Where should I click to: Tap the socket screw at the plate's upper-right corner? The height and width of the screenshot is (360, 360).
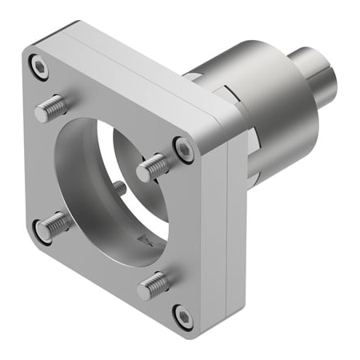(x=183, y=149)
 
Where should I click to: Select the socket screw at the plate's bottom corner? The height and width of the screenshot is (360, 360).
(x=183, y=317)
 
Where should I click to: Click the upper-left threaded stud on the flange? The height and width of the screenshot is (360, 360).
(x=51, y=107)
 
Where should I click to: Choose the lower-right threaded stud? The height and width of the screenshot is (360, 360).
(x=153, y=285)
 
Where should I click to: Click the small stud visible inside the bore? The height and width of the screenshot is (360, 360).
(x=119, y=189)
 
